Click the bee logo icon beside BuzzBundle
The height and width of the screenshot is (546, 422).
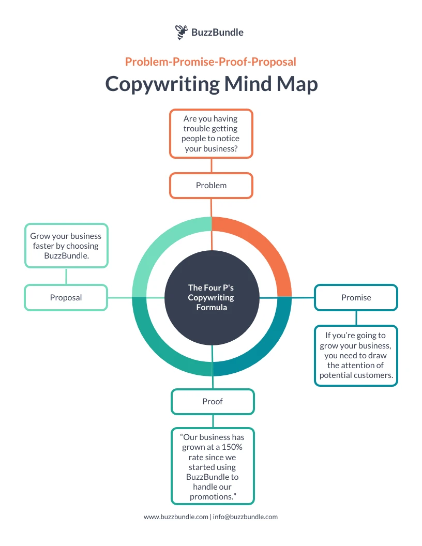[x=181, y=32]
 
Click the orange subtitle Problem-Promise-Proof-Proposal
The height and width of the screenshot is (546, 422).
[x=210, y=62]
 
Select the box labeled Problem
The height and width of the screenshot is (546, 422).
[x=211, y=186]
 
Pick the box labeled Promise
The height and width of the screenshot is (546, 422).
[x=356, y=297]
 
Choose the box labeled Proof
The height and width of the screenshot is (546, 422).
[x=213, y=402]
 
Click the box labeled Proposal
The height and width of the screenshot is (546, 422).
[x=66, y=297]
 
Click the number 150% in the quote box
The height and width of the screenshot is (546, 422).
[x=227, y=447]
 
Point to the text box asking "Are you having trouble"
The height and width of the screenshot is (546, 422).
[x=211, y=133]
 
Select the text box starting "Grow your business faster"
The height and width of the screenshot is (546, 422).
[x=66, y=246]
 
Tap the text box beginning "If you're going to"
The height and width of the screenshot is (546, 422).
[x=356, y=355]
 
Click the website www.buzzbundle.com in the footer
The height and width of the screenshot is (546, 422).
[x=176, y=517]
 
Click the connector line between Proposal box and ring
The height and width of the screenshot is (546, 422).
[x=120, y=297]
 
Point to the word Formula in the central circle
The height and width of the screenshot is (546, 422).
[x=211, y=307]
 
